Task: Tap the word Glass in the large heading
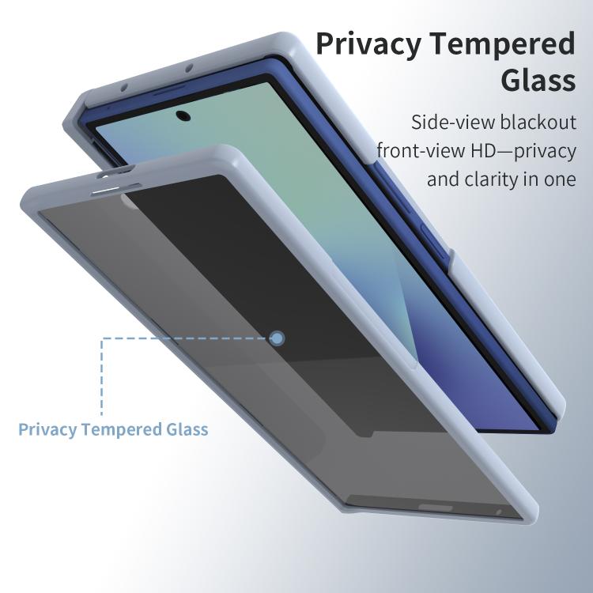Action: (538, 79)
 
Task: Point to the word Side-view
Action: (453, 122)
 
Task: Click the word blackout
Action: (538, 122)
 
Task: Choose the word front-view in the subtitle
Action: (420, 150)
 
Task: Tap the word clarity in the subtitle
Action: (491, 179)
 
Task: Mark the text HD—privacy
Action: (523, 150)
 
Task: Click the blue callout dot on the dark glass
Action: (278, 338)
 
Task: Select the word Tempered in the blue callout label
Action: (122, 429)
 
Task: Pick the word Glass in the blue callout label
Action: (187, 429)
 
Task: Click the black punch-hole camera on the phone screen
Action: (183, 115)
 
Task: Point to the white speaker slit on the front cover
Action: (107, 191)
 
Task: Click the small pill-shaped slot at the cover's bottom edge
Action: (436, 507)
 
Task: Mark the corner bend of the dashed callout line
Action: (101, 338)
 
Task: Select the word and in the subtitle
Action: (444, 179)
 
